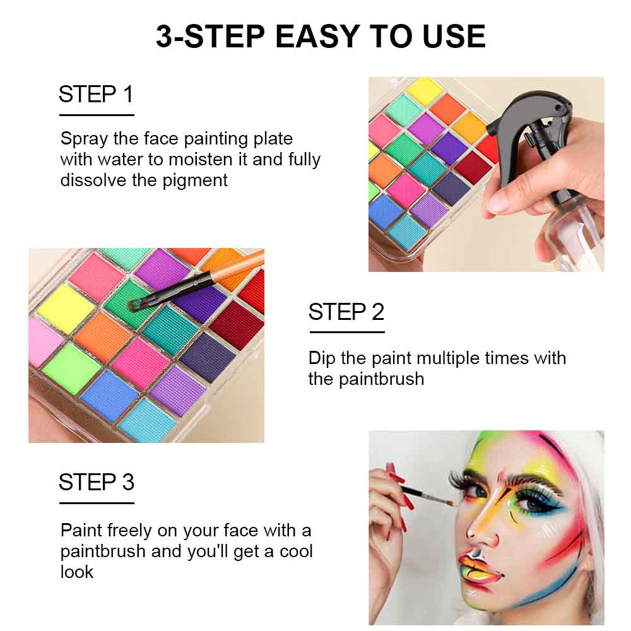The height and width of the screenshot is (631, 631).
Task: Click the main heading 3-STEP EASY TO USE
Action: (x=321, y=37)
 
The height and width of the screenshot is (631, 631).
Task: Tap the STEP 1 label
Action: (x=96, y=95)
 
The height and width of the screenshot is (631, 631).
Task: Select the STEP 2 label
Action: (x=346, y=312)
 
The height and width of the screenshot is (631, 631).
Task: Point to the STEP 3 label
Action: (x=96, y=482)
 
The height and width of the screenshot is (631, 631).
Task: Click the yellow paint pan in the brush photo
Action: (x=65, y=308)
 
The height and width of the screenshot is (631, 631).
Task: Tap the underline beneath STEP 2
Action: (x=346, y=332)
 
